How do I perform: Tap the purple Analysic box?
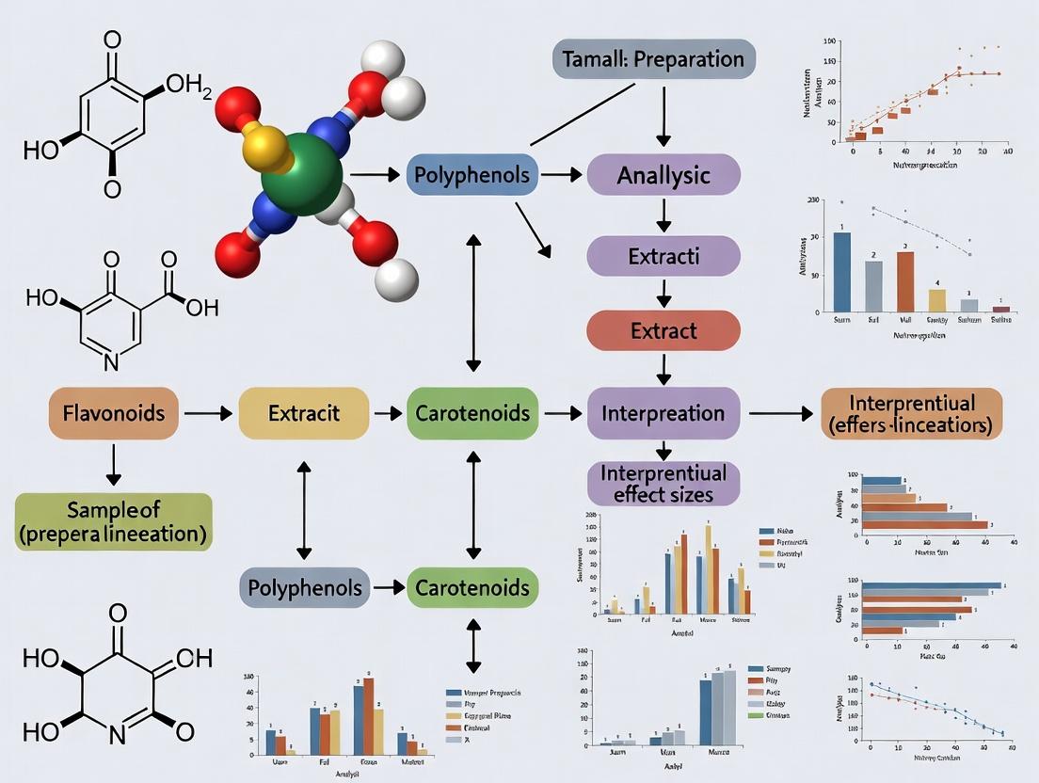click(663, 175)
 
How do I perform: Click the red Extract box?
click(663, 330)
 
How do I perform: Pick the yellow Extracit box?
click(303, 412)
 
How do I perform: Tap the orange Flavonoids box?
click(113, 412)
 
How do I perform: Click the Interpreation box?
click(663, 412)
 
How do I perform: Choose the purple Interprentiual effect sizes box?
click(663, 481)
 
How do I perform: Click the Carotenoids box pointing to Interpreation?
click(473, 412)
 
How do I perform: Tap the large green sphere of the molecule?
click(301, 173)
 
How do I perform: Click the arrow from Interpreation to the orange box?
click(778, 412)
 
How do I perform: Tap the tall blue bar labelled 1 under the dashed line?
click(842, 272)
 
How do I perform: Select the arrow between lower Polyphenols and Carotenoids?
click(386, 588)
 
